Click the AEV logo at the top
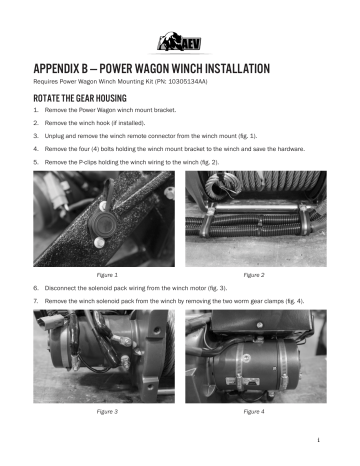[x=180, y=40]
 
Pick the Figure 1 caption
[x=107, y=273]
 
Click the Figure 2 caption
[x=254, y=273]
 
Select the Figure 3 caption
[x=107, y=411]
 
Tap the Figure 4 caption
[x=254, y=411]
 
